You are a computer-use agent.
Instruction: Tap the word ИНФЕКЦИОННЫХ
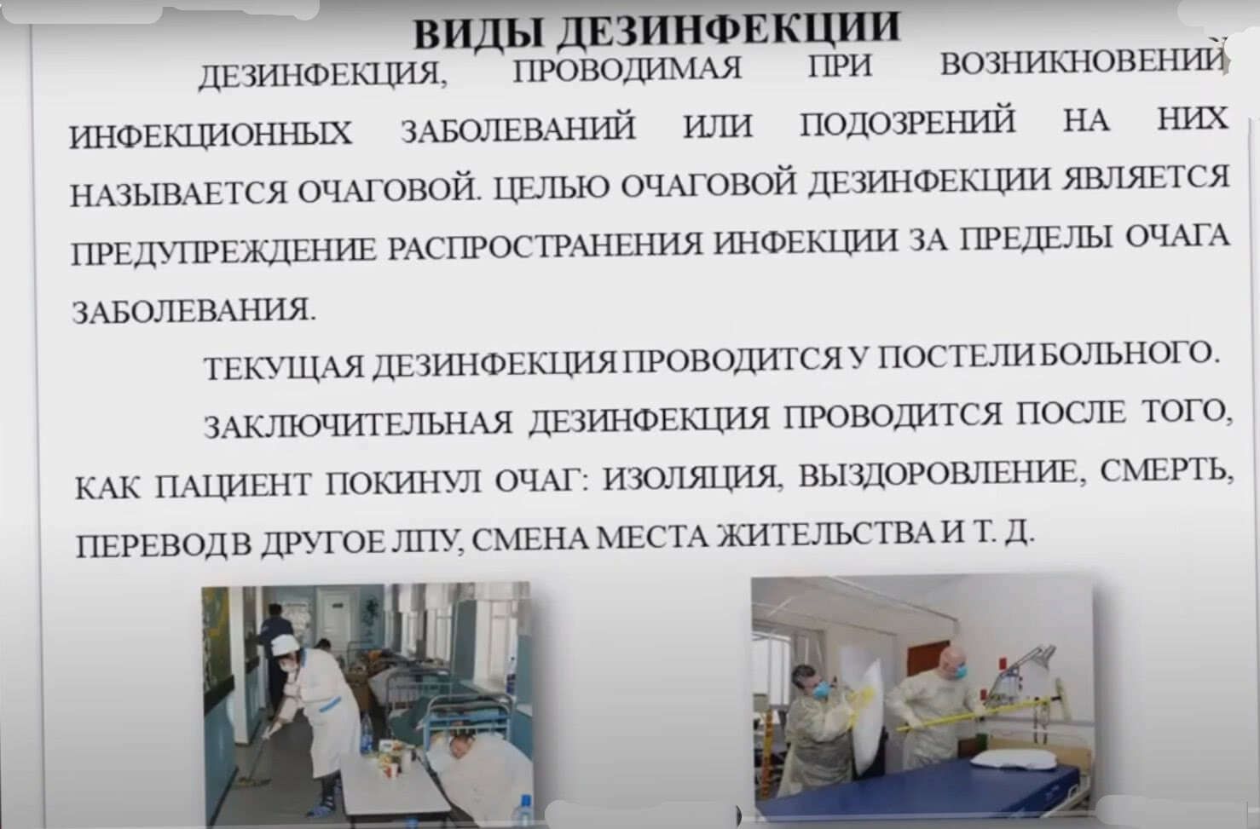coord(211,135)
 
